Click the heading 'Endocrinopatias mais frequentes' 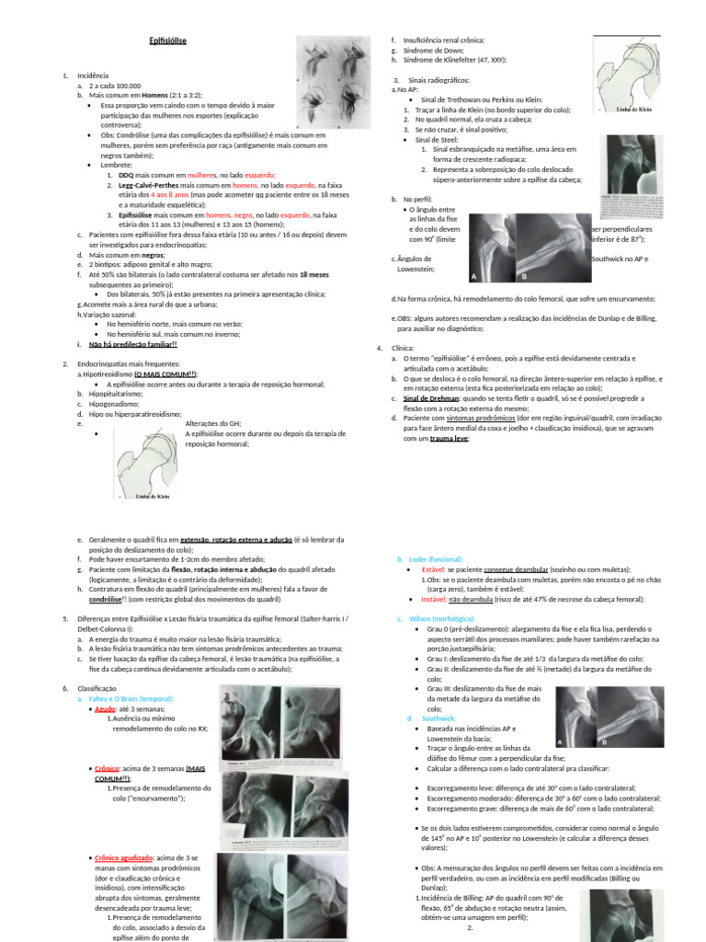click(x=129, y=364)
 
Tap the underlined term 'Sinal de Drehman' click(x=431, y=399)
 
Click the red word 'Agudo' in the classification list click(x=106, y=709)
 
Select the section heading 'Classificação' click(x=97, y=688)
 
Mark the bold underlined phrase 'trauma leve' click(x=450, y=439)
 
